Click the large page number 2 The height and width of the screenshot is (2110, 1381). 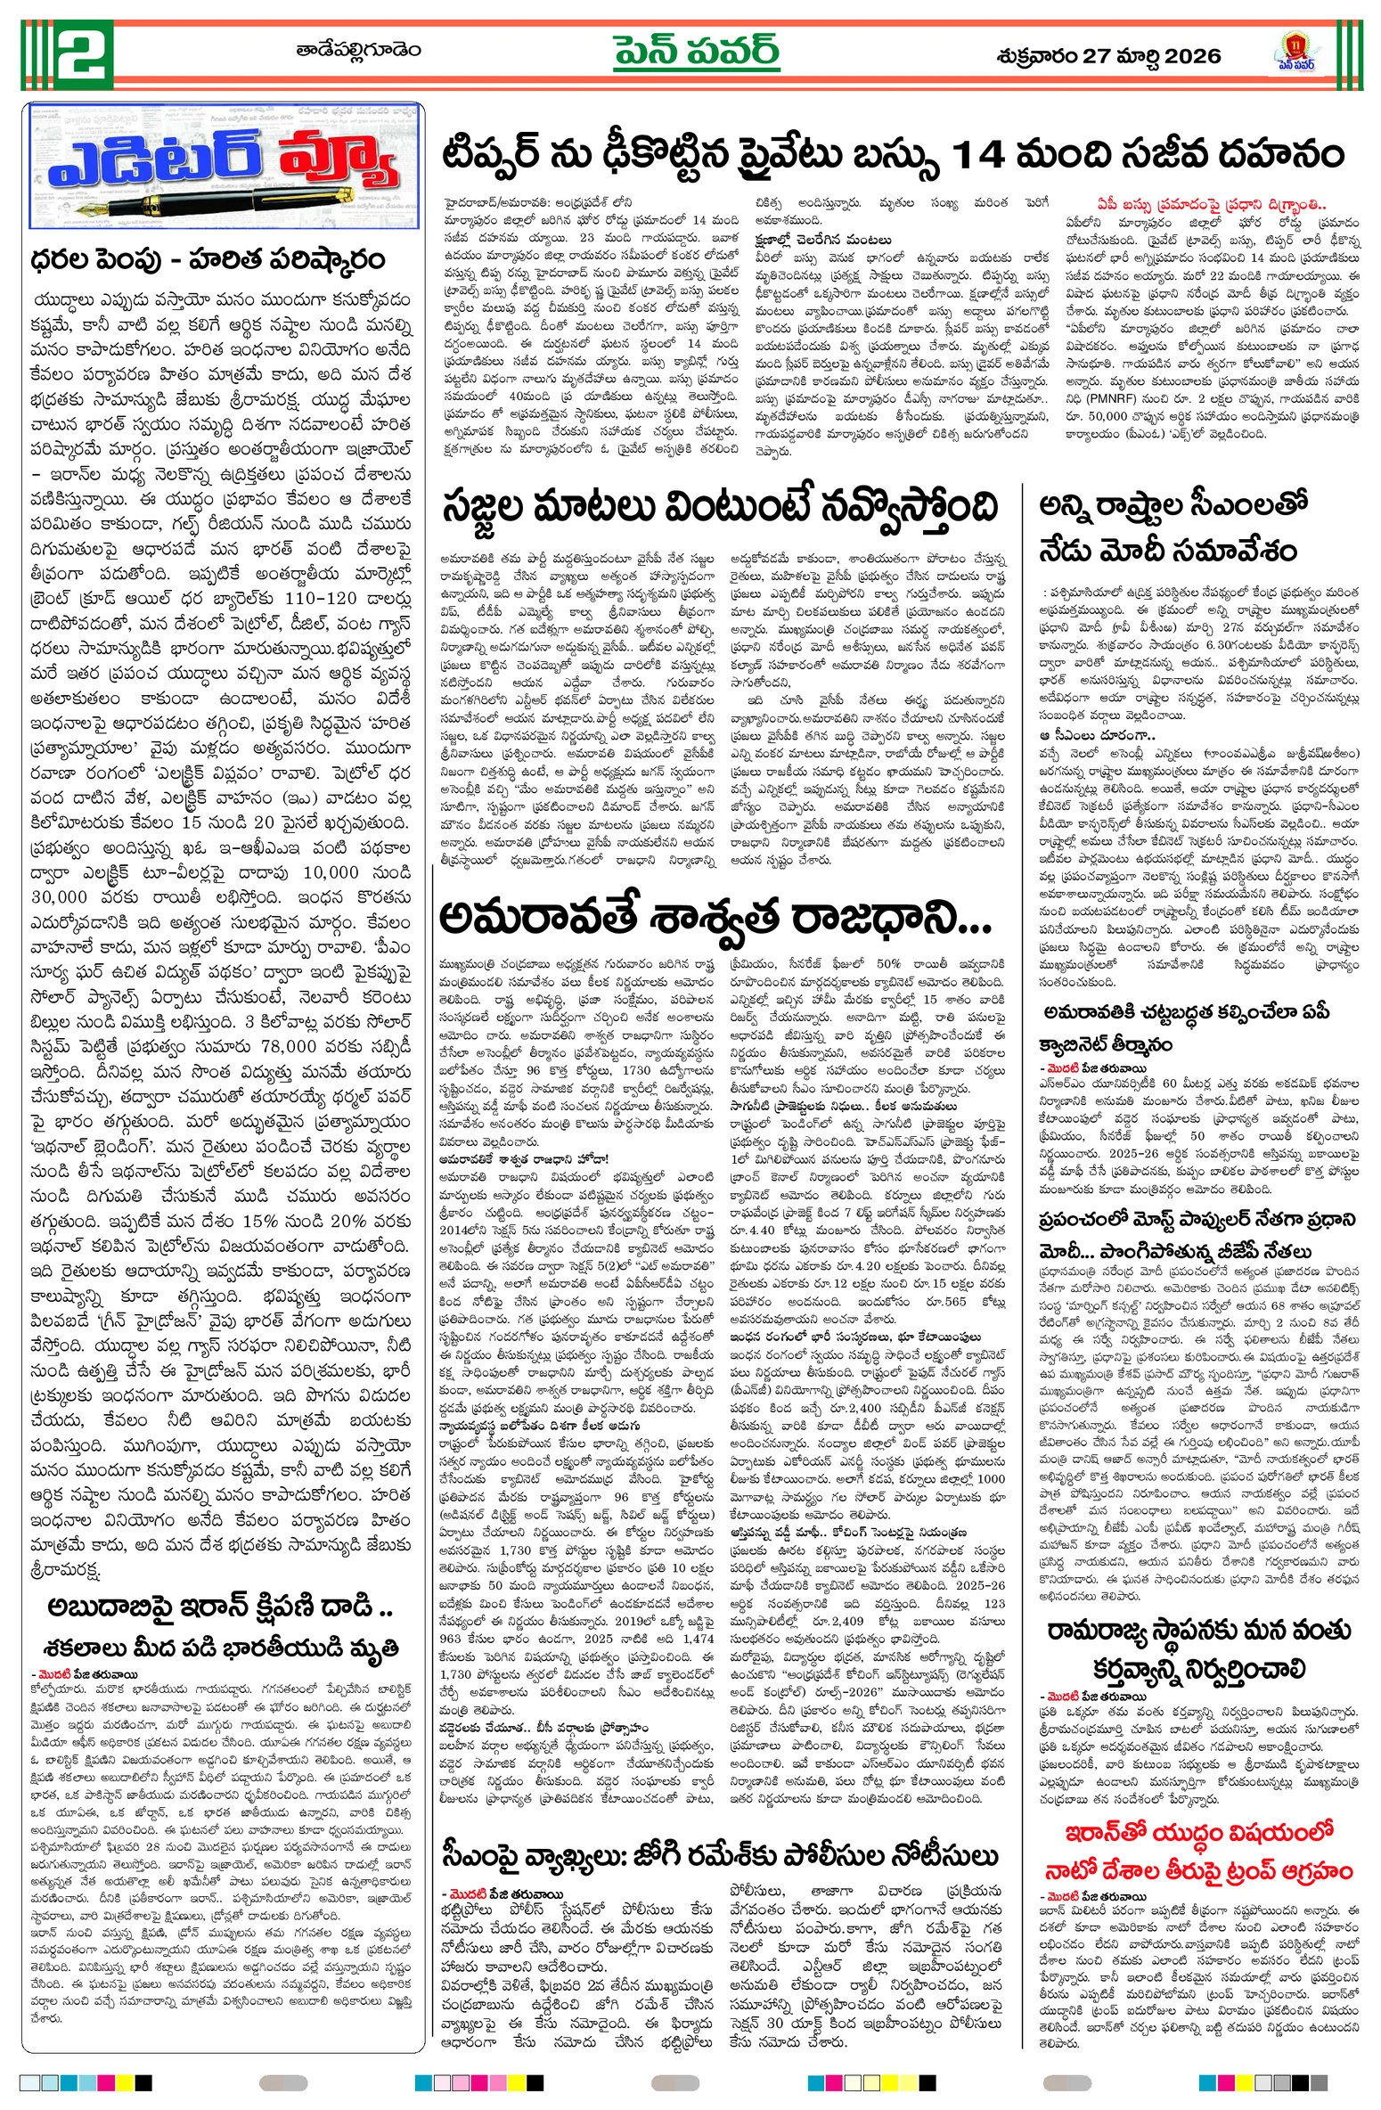click(x=85, y=53)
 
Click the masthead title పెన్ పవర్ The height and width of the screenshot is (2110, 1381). click(x=696, y=51)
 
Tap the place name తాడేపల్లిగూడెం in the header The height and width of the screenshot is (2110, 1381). click(x=359, y=51)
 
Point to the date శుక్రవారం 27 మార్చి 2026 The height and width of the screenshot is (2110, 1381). click(x=1108, y=56)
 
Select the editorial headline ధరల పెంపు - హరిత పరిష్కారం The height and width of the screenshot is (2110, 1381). click(x=208, y=259)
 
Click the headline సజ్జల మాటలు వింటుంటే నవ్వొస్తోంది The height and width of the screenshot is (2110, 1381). click(x=720, y=510)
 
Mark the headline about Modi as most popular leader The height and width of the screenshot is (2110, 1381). click(x=1197, y=1235)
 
